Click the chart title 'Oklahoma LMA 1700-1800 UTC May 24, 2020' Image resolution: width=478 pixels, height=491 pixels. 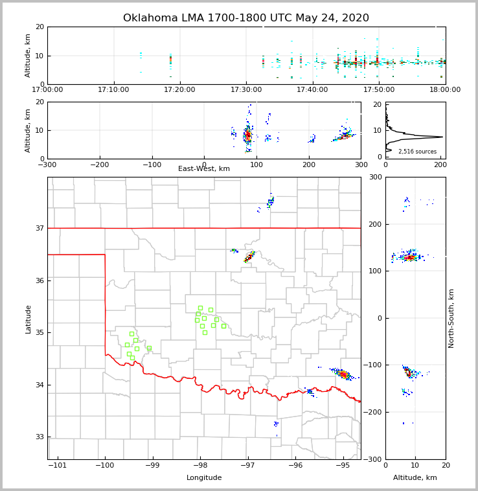(246, 18)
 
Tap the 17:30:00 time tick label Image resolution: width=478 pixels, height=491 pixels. (246, 89)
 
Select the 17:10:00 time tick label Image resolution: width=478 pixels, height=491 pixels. (114, 89)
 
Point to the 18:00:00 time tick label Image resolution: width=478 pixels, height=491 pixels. (444, 89)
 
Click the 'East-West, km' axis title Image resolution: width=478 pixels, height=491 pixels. (204, 169)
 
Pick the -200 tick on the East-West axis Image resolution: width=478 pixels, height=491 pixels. (99, 164)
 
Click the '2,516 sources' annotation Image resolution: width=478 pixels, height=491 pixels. (417, 152)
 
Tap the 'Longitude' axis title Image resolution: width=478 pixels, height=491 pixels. (204, 478)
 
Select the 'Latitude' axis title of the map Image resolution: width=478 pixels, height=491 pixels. (28, 319)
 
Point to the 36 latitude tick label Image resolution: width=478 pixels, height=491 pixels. (39, 280)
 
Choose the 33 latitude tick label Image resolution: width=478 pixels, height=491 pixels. (39, 437)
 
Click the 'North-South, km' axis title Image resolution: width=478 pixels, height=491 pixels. (451, 318)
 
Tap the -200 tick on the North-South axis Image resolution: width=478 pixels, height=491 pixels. (374, 413)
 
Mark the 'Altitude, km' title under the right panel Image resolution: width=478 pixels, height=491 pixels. (415, 478)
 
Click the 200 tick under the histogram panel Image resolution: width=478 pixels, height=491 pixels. (440, 164)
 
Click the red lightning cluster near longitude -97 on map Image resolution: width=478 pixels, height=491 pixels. (249, 258)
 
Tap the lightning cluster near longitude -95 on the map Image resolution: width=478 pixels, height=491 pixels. (343, 374)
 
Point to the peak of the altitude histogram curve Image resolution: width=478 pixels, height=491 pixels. (442, 137)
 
